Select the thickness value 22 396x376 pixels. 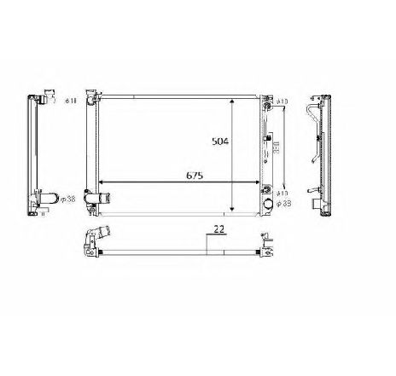[x=218, y=229]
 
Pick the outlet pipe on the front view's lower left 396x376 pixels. [x=106, y=200]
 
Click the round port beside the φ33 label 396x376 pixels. [x=270, y=205]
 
